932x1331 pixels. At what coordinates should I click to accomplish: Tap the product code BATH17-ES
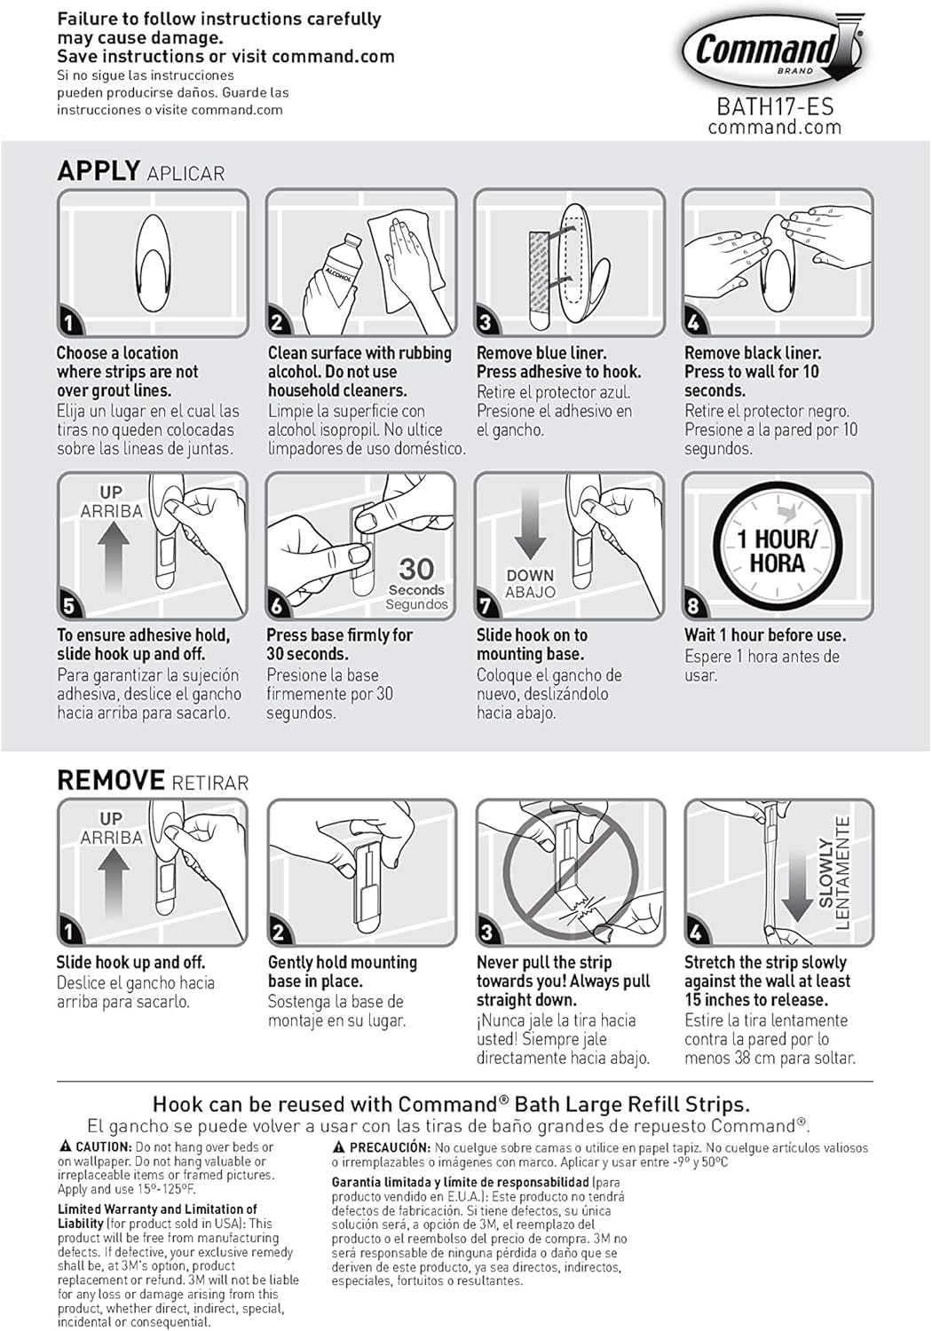775,107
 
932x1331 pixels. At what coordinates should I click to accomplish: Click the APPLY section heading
99,170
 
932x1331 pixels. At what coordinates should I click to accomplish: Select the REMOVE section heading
110,781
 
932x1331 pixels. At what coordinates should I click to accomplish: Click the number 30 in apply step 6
416,569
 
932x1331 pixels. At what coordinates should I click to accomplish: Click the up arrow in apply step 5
113,556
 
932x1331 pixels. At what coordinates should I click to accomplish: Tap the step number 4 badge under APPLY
694,322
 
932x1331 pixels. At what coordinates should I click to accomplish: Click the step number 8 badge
694,606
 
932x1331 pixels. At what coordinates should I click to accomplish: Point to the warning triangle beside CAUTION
66,1146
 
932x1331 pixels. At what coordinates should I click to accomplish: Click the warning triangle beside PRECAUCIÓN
339,1146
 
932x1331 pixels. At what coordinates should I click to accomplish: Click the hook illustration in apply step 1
153,263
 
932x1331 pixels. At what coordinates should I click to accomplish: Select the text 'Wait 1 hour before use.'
765,635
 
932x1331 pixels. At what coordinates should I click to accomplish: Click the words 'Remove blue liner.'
541,353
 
